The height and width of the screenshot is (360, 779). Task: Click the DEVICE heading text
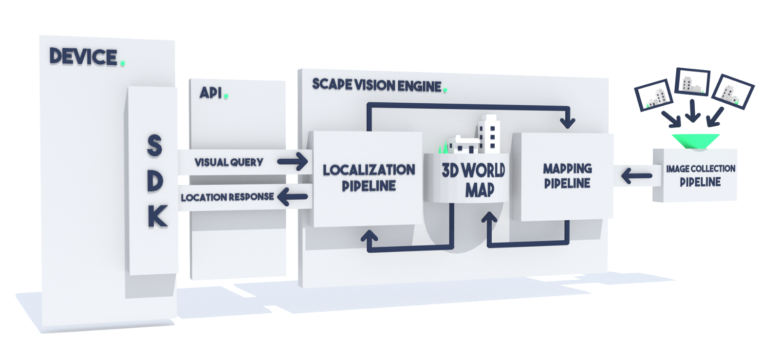coord(83,57)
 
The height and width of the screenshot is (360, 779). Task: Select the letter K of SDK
coord(158,217)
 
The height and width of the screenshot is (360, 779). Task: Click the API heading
coord(211,93)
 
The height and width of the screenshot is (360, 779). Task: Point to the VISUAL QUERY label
coord(229,162)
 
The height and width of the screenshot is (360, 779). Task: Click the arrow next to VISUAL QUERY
coord(293,161)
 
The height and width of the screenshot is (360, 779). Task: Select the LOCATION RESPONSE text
coord(227,197)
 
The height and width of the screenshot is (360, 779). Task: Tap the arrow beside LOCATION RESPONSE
coord(294,197)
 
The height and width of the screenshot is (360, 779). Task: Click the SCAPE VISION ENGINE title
coord(377,85)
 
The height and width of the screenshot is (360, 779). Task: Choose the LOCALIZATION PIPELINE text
coord(369,178)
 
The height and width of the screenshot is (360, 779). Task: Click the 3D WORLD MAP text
coord(474,180)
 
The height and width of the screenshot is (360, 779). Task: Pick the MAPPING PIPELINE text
coord(567,176)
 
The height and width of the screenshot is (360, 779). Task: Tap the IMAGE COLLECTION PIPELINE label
coord(701,175)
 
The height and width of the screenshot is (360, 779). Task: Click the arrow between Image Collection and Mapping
coord(637,176)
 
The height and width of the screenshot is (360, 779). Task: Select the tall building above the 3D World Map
coord(489,133)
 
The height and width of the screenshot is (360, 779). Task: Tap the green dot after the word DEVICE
coord(122,64)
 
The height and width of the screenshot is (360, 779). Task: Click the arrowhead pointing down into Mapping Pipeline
coord(568,122)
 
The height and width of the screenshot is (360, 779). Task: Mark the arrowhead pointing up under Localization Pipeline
coord(369,237)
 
